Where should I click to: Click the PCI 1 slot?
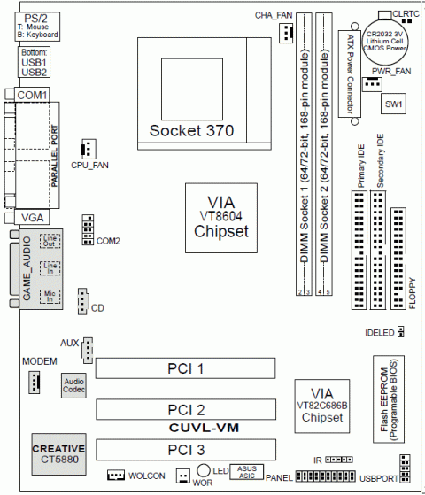[186, 367]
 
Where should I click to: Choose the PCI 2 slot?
[186, 409]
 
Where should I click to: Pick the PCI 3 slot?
[186, 448]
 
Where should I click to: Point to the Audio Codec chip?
[73, 383]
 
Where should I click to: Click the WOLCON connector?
[116, 476]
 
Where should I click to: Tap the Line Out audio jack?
[52, 240]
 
